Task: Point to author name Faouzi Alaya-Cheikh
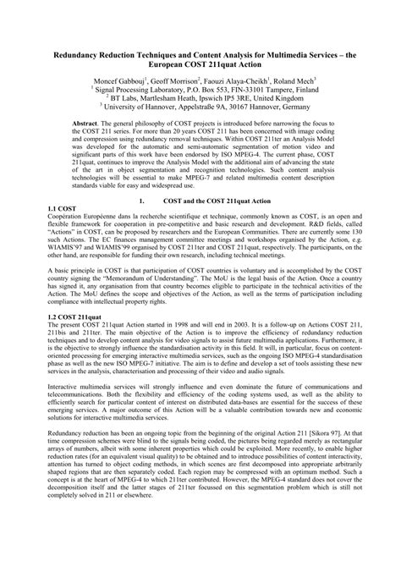(x=239, y=80)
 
